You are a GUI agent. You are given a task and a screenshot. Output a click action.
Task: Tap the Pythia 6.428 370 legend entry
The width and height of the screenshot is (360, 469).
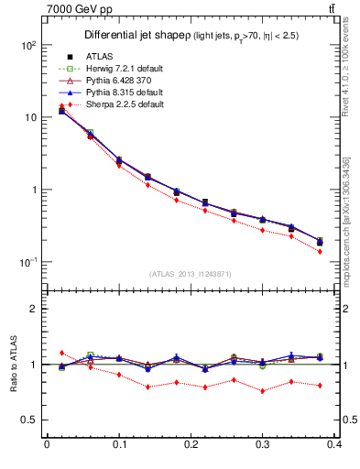[114, 82]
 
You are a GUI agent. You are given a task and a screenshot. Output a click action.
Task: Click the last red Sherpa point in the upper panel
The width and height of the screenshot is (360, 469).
[320, 251]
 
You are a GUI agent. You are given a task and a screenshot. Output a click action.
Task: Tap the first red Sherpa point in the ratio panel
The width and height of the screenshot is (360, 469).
[61, 352]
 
